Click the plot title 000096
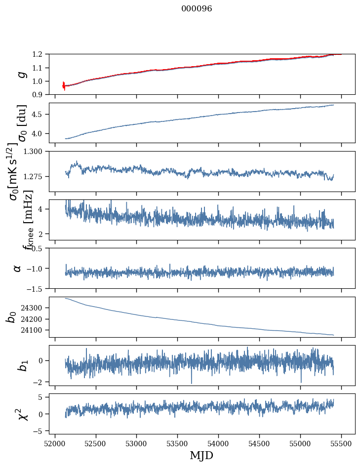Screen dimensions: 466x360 197,9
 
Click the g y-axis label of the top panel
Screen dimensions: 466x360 21,74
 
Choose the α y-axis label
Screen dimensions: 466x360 18,268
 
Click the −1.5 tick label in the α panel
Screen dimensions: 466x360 38,288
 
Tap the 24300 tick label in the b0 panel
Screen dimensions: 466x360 35,308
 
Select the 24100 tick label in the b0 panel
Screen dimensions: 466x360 35,330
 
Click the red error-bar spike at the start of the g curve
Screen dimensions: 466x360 64,86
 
